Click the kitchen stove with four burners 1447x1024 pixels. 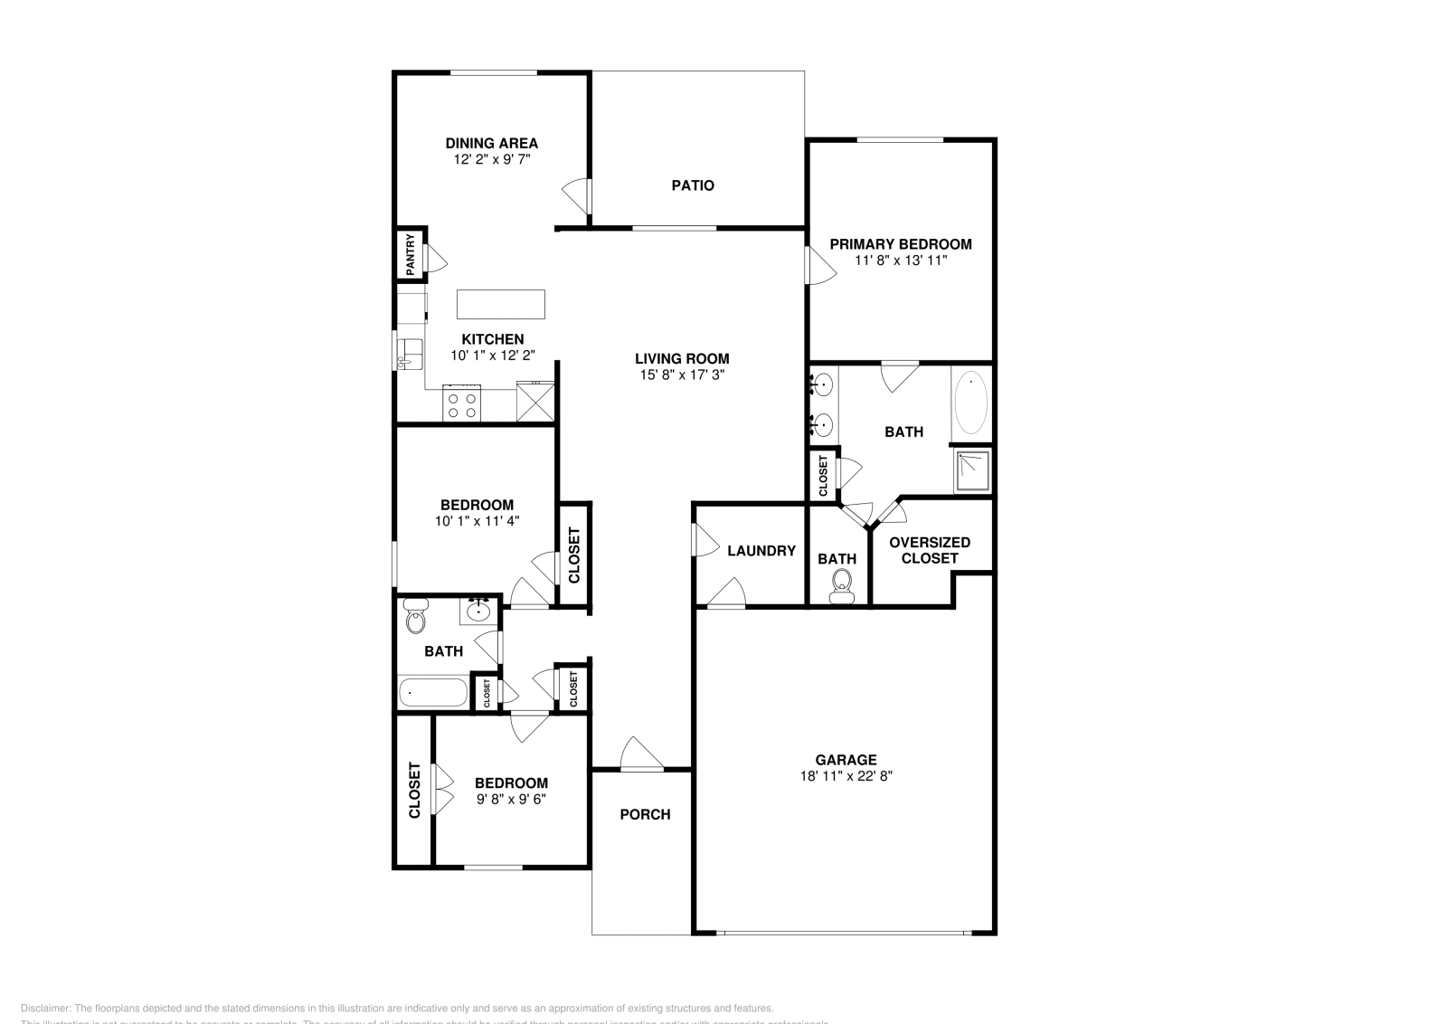click(461, 403)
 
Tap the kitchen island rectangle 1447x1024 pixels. click(500, 304)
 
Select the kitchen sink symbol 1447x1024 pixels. click(412, 351)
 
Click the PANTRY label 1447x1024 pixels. click(411, 255)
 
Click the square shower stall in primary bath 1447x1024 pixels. click(972, 470)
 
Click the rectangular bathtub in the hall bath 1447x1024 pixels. click(433, 693)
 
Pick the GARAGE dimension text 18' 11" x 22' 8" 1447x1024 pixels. click(846, 776)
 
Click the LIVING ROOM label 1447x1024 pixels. click(681, 358)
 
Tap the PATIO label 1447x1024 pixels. click(693, 185)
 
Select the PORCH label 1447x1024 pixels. click(645, 814)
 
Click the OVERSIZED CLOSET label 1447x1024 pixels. click(930, 550)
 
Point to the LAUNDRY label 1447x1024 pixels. click(761, 550)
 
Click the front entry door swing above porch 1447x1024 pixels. click(640, 754)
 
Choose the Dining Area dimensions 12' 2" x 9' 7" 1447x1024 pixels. click(491, 158)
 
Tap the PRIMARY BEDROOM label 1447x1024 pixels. click(901, 243)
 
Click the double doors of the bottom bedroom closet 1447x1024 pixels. click(443, 790)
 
